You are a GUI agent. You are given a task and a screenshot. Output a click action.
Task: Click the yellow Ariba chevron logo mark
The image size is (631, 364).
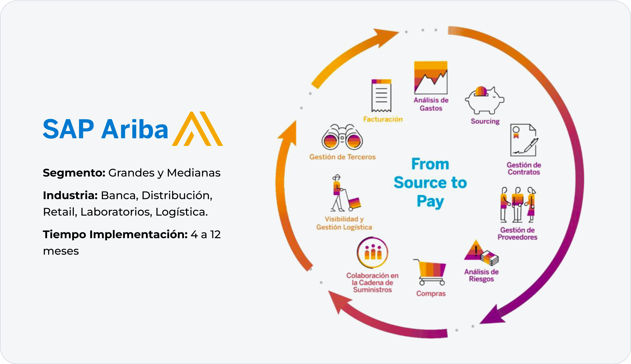click(197, 129)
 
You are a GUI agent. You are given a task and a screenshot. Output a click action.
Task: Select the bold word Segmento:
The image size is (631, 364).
click(74, 173)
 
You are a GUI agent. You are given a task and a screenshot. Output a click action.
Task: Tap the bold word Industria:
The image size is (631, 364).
click(70, 195)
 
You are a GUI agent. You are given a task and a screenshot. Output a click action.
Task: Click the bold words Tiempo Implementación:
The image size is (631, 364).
click(115, 235)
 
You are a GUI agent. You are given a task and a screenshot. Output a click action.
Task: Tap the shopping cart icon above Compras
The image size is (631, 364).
click(430, 272)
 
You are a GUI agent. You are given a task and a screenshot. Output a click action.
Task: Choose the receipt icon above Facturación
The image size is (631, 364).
click(381, 95)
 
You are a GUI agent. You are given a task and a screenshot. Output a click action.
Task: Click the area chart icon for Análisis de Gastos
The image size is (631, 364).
click(431, 78)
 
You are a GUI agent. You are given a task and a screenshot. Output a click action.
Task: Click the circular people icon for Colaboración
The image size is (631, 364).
click(373, 253)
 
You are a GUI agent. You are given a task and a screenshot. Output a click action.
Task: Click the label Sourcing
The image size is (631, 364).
click(485, 121)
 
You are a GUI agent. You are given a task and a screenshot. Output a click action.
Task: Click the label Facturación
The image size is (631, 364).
click(383, 119)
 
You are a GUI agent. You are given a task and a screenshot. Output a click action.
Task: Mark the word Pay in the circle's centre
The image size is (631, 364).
click(430, 201)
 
